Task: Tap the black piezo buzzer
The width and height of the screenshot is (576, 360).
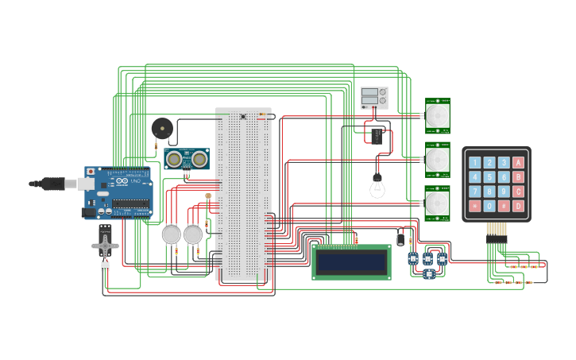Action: coord(162,127)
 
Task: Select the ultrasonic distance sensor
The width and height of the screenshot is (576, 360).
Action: coord(187,159)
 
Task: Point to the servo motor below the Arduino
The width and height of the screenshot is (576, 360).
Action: coord(105,244)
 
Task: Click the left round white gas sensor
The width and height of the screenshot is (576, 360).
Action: coord(172,234)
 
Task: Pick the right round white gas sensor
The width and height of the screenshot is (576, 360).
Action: coord(193,234)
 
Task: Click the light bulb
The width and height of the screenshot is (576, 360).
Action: coord(377,188)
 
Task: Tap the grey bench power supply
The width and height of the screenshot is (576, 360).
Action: coord(374,98)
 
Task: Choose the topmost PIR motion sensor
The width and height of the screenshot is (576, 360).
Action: coord(437,116)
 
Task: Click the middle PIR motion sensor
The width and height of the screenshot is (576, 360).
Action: coord(437,160)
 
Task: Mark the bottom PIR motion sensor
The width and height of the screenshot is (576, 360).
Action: coord(437,204)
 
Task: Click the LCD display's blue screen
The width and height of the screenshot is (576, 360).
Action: coord(351,261)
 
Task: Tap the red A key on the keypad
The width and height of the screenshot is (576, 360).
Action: coord(518,163)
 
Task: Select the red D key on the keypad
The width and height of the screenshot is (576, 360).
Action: coord(518,206)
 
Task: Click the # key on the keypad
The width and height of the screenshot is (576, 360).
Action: coord(504,206)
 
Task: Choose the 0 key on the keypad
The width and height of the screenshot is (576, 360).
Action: coord(489,206)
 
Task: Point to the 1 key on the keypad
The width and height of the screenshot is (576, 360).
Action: coord(475,163)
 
